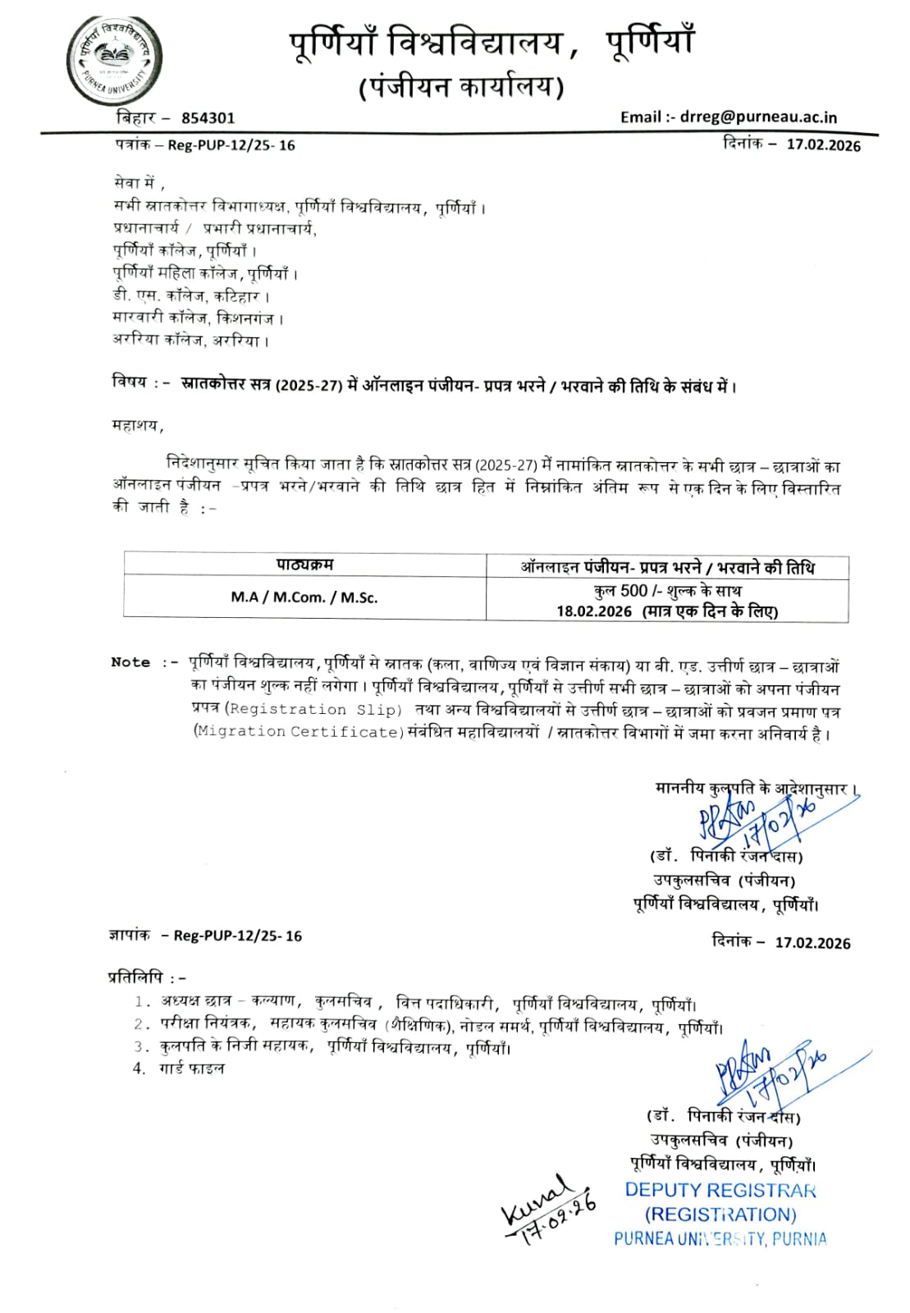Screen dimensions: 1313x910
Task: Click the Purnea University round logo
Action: coord(113,60)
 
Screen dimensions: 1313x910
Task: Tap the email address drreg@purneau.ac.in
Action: coord(758,117)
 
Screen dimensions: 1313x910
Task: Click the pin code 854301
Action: coord(208,118)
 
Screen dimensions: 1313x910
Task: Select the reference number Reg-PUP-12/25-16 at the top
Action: coord(231,145)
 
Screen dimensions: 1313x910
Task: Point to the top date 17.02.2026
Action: coord(823,145)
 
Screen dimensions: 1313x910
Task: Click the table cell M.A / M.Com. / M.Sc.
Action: coord(304,597)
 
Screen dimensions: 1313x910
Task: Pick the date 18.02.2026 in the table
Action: coord(594,611)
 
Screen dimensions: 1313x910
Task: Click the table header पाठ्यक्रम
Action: coord(304,565)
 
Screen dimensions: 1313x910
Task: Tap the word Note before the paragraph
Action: coord(130,662)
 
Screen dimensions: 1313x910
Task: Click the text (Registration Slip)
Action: coord(313,709)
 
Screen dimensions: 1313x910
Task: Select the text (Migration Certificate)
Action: coord(298,731)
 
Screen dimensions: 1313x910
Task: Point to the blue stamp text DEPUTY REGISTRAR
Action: coord(720,1190)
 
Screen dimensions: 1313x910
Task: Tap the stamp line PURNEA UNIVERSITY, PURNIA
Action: coord(720,1238)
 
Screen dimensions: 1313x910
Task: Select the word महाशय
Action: coord(136,425)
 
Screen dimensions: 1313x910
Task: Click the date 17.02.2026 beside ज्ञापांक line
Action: coord(812,943)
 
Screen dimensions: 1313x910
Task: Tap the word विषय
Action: coord(130,382)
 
